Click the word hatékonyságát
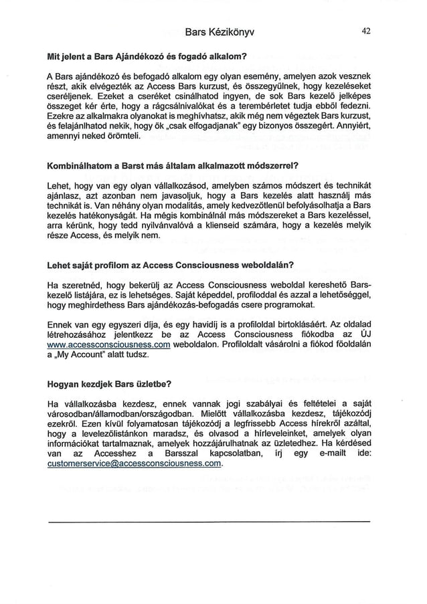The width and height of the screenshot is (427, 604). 117,216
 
